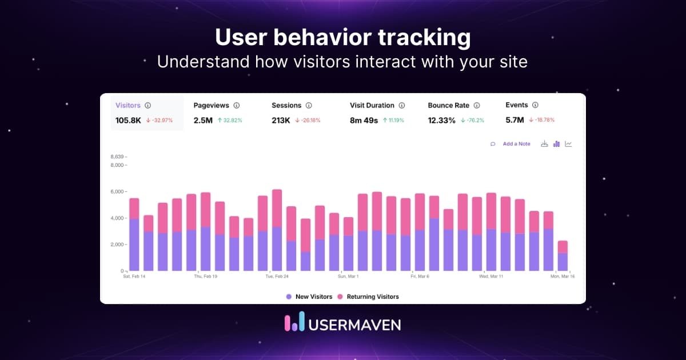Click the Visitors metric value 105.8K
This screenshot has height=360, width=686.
pyautogui.click(x=128, y=120)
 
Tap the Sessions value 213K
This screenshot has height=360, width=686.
pyautogui.click(x=281, y=120)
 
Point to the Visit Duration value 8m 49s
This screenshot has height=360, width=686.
pyautogui.click(x=364, y=120)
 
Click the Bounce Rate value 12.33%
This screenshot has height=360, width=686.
pyautogui.click(x=441, y=120)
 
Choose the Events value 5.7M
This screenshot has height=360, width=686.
pyautogui.click(x=515, y=120)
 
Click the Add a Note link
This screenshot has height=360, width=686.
pyautogui.click(x=516, y=144)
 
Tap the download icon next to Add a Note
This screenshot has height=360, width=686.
pyautogui.click(x=544, y=144)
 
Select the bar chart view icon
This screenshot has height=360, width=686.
pyautogui.click(x=556, y=144)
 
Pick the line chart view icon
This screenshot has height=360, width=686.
pyautogui.click(x=568, y=144)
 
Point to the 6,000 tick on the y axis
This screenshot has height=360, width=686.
pyautogui.click(x=117, y=191)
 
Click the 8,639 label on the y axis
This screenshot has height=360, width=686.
pyautogui.click(x=117, y=157)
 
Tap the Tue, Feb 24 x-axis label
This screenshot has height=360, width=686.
pyautogui.click(x=277, y=277)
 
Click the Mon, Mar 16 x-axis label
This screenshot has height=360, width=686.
pyautogui.click(x=563, y=277)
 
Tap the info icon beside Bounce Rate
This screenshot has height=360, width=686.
pyautogui.click(x=476, y=106)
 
